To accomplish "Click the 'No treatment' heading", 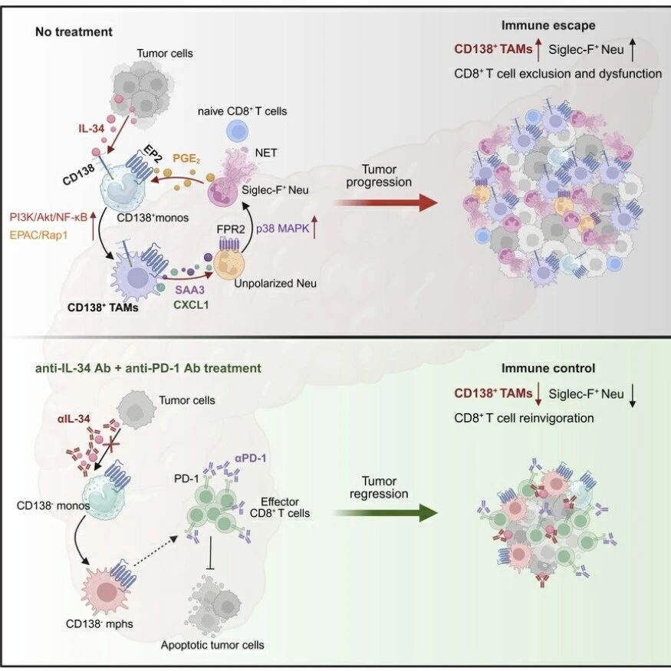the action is (x=74, y=31).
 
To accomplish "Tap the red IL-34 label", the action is (x=91, y=128).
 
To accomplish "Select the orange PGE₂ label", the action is (x=186, y=159).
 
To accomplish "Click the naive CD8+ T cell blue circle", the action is (x=237, y=131).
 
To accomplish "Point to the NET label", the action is (x=266, y=153).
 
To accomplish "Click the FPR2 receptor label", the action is (x=231, y=229).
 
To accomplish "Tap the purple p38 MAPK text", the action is (x=282, y=229).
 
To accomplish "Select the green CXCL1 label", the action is (x=191, y=305).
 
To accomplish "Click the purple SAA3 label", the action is (x=189, y=290).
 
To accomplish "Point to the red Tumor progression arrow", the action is (x=385, y=202).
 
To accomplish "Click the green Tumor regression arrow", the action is (x=385, y=513).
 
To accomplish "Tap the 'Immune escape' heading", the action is (x=548, y=25).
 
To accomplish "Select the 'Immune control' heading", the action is (x=548, y=368).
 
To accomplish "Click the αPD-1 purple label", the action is (x=251, y=459).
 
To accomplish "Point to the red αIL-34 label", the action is (x=74, y=419).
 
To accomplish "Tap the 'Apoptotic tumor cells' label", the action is (x=212, y=645).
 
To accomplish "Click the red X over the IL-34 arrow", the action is (x=110, y=445).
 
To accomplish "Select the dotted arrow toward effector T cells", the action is (x=156, y=551).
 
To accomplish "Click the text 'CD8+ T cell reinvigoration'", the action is (x=524, y=418).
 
